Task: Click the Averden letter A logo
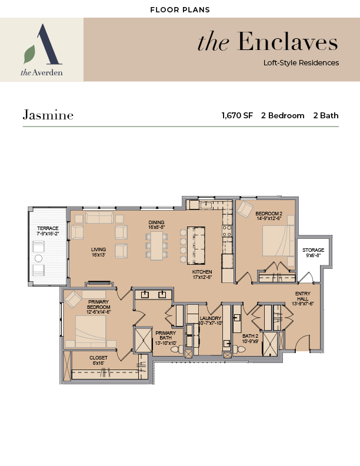(43, 44)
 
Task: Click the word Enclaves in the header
(288, 42)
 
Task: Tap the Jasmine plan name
(48, 115)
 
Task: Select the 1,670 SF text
(237, 115)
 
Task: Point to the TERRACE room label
(48, 228)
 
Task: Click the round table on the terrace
(39, 258)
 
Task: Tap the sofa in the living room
(99, 217)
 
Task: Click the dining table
(156, 245)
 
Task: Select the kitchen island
(196, 245)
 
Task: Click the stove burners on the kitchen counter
(227, 231)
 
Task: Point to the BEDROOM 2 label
(269, 214)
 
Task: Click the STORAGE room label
(313, 250)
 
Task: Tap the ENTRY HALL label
(303, 296)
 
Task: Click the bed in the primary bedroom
(91, 331)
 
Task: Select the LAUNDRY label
(211, 318)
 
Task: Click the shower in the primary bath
(143, 339)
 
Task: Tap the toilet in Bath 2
(239, 348)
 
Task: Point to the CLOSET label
(98, 358)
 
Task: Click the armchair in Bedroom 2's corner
(245, 209)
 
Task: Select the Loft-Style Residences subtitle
(301, 63)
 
